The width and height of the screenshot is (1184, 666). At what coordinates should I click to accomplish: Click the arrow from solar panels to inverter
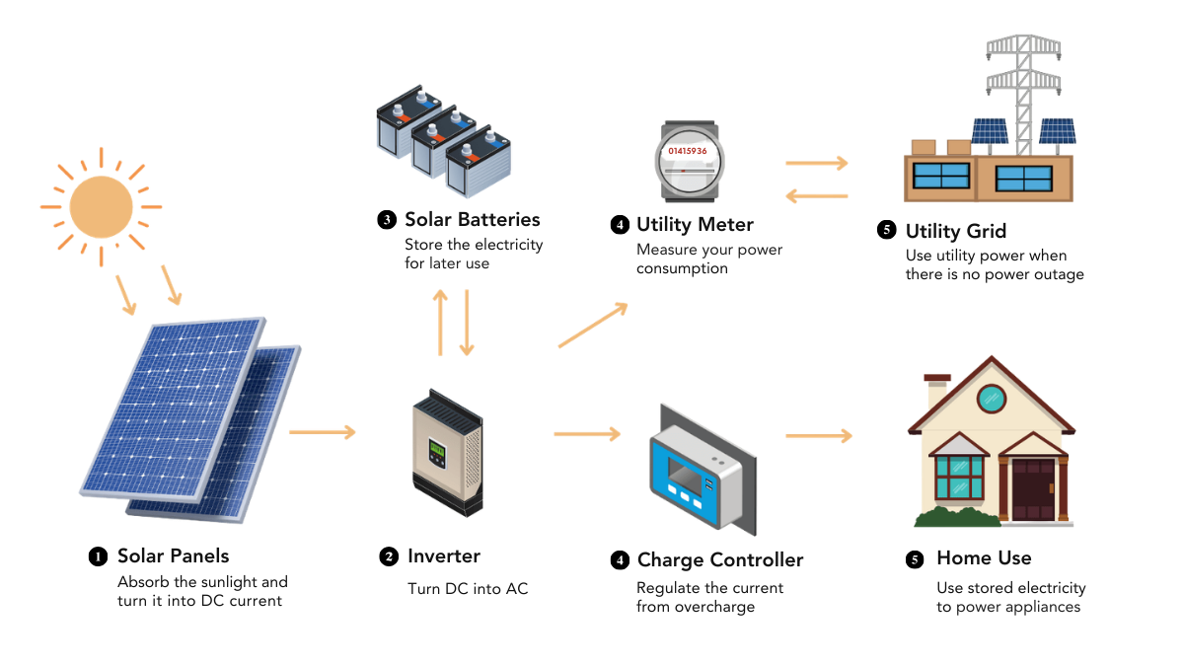[323, 431]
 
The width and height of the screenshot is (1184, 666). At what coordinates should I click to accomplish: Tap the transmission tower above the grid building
[1021, 79]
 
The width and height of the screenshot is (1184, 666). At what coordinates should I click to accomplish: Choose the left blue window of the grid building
[941, 178]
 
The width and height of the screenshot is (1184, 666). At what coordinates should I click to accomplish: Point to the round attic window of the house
[991, 399]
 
